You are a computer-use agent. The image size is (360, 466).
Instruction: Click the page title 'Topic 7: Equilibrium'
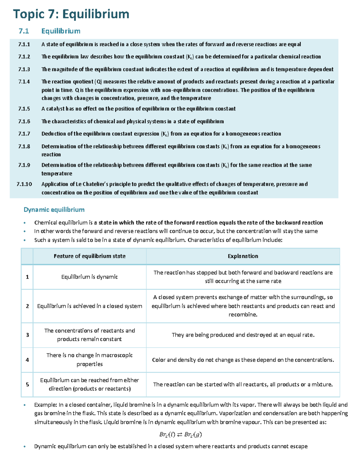coord(71,14)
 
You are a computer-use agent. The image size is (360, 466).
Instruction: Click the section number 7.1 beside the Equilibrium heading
coord(23,31)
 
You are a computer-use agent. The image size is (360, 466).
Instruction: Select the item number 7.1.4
coord(24,82)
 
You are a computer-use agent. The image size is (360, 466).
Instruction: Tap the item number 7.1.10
coord(24,184)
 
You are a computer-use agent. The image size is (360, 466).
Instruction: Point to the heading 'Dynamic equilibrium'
coord(54,209)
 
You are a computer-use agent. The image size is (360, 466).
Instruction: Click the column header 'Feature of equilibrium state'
coord(89,256)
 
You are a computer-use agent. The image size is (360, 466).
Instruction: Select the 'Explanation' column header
coord(243,256)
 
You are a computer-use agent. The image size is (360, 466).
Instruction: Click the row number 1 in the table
coord(27,277)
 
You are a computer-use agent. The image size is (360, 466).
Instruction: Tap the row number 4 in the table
coord(27,359)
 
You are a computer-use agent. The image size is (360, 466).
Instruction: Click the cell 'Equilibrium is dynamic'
coord(89,277)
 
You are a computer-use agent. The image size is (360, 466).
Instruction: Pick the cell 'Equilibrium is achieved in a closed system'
coord(89,306)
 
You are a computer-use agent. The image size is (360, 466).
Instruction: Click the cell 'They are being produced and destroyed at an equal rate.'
coord(243,335)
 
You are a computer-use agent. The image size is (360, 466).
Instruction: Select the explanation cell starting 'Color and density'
coord(243,359)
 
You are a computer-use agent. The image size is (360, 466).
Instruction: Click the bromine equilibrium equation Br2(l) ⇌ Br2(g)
coord(180,434)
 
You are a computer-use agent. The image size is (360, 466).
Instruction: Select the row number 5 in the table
coord(27,384)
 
